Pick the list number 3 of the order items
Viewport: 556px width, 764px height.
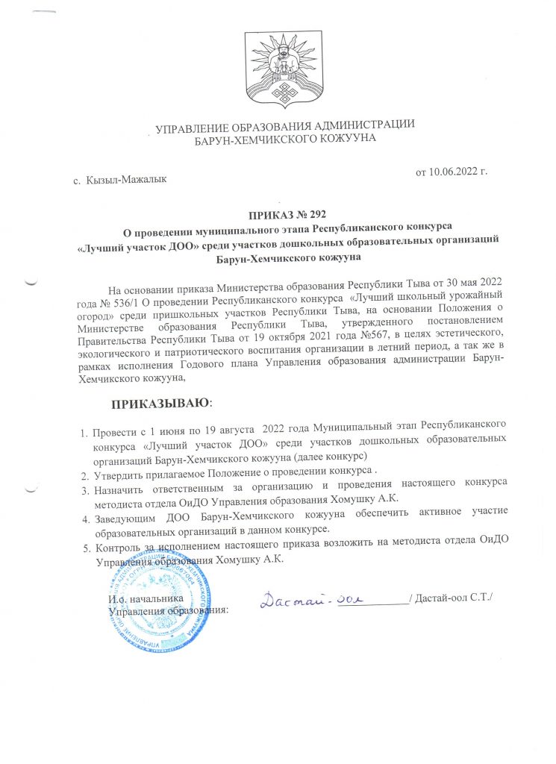tap(84, 490)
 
